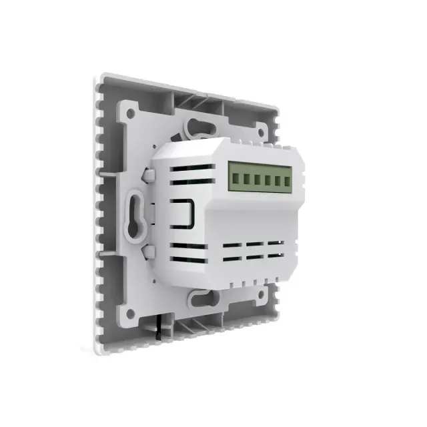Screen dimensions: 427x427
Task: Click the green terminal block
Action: click(x=257, y=179)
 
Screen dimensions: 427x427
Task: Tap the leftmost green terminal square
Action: click(x=234, y=176)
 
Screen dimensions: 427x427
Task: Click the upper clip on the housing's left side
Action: click(x=149, y=177)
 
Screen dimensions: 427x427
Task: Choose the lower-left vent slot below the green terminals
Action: click(x=231, y=256)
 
